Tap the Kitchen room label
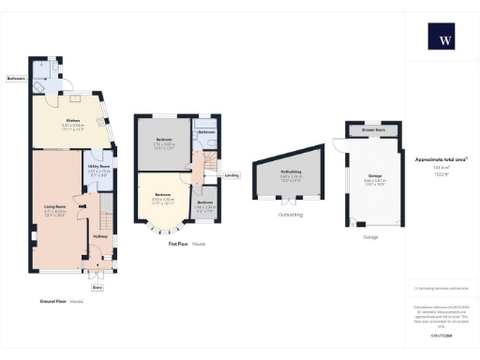coord(72,120)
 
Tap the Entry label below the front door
coord(97,287)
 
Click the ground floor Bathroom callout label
coord(15,79)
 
